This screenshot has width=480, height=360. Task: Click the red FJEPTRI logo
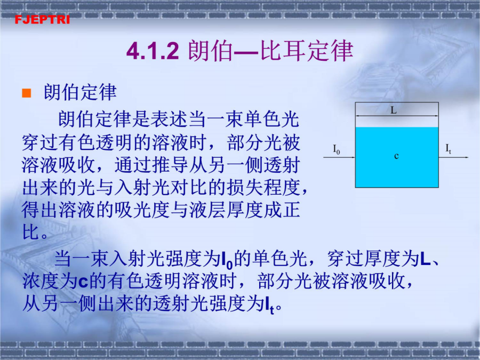[42, 20]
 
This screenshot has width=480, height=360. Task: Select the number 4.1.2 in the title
[153, 51]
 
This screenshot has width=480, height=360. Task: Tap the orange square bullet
[27, 93]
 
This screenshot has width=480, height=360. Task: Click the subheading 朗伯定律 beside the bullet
[80, 92]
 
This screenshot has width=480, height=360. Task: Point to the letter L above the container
[394, 110]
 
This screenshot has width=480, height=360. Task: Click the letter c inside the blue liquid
[396, 156]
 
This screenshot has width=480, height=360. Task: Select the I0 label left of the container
[337, 149]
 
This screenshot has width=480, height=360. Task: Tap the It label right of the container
[448, 149]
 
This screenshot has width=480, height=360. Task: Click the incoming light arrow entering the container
[339, 157]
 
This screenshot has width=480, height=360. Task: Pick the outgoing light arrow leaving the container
[453, 157]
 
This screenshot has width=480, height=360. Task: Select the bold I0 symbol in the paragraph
[227, 260]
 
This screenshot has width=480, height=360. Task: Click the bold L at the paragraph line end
[425, 259]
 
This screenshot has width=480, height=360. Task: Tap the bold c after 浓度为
[83, 282]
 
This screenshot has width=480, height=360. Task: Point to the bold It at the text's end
[270, 306]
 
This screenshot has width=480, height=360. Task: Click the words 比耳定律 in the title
[307, 51]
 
